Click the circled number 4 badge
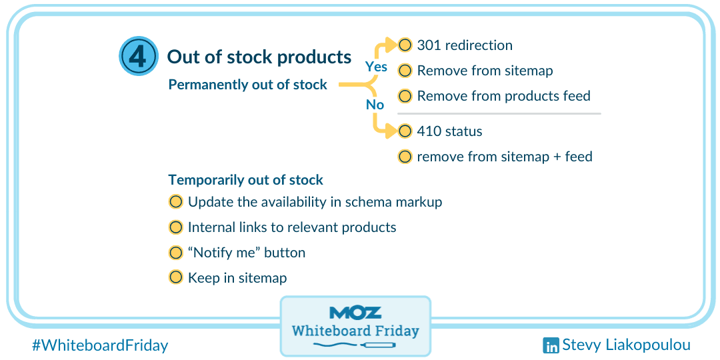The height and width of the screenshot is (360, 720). [138, 57]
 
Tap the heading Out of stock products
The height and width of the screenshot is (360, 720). [259, 57]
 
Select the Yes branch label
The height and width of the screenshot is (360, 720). [376, 67]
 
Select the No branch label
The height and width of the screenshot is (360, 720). [375, 105]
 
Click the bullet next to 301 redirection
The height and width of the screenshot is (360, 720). [405, 45]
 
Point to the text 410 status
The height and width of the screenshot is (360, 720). [449, 132]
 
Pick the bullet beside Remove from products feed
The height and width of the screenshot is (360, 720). [405, 96]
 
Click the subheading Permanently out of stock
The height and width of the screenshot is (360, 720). [248, 85]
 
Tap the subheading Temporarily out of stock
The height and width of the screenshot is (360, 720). [246, 180]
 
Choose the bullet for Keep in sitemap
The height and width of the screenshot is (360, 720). [176, 278]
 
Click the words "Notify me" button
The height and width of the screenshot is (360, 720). [247, 253]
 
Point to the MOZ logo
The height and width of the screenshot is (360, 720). [355, 313]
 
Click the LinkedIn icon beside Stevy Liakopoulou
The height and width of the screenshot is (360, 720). [551, 345]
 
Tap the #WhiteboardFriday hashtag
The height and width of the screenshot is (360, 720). [100, 345]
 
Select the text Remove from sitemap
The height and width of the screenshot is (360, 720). [485, 71]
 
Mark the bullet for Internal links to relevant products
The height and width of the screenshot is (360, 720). [176, 227]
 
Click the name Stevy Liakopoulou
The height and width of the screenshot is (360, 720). [626, 345]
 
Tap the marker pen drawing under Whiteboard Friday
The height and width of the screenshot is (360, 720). [355, 343]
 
